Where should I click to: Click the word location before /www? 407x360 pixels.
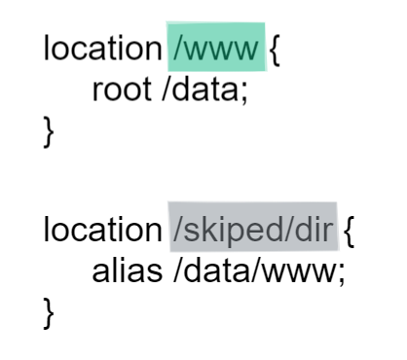100,50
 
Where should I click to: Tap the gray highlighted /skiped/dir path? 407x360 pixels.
252,230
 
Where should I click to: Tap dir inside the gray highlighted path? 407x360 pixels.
316,230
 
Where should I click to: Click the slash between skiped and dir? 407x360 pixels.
292,230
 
